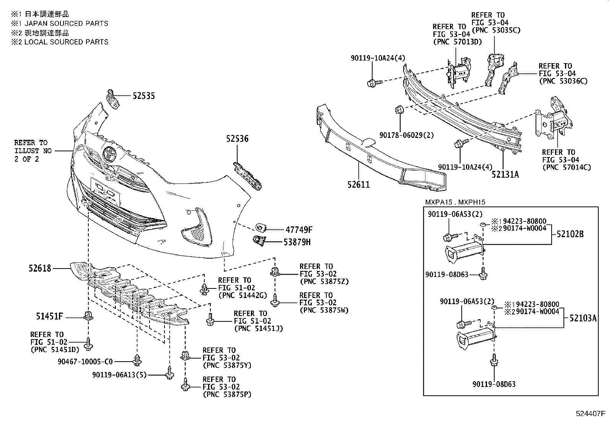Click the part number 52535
click(143, 96)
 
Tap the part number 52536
click(237, 139)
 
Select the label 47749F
click(299, 230)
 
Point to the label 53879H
click(297, 242)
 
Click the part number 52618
click(40, 269)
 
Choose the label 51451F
click(49, 316)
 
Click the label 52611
click(358, 185)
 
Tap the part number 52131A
click(505, 175)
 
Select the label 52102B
click(570, 234)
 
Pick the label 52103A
click(583, 318)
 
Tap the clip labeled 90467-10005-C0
click(137, 360)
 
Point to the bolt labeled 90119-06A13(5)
click(169, 372)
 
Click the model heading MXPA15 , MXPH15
click(455, 202)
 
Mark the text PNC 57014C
click(566, 167)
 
